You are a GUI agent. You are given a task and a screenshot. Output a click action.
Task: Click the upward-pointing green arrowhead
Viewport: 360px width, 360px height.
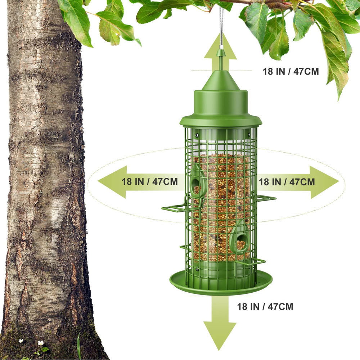[220, 47]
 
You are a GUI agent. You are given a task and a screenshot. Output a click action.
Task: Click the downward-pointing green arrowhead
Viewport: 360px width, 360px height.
[220, 335]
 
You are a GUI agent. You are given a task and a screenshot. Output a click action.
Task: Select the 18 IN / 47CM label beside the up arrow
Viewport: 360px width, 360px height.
[291, 71]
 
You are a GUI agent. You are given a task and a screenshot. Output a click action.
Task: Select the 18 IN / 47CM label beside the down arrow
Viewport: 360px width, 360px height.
[265, 307]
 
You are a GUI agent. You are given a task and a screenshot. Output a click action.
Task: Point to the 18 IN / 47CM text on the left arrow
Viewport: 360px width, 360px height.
[150, 181]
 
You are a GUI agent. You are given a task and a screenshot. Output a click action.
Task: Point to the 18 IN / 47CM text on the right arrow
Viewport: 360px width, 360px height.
[287, 182]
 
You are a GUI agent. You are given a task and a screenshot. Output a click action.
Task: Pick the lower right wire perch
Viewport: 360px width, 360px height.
[251, 262]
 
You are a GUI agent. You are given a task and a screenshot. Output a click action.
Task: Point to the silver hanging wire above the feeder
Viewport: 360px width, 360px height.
[221, 25]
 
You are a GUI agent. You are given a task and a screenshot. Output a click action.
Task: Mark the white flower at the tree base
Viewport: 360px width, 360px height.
[41, 343]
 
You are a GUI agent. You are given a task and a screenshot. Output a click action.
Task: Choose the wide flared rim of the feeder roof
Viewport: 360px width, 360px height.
[221, 121]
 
